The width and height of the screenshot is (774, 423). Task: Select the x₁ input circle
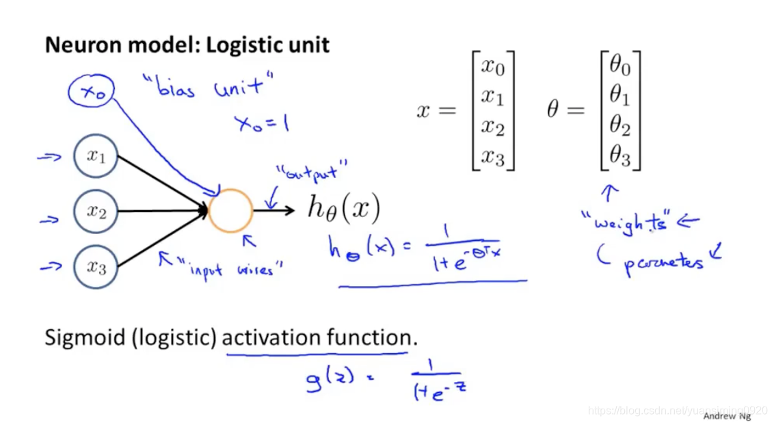click(x=96, y=156)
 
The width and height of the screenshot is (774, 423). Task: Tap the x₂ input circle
click(x=96, y=212)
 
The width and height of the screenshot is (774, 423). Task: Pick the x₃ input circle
click(x=96, y=268)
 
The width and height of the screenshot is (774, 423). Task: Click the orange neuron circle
click(x=230, y=210)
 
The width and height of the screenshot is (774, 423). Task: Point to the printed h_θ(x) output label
click(x=343, y=209)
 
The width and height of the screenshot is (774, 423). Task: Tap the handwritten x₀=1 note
click(x=261, y=123)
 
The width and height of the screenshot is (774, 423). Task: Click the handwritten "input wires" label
click(x=229, y=268)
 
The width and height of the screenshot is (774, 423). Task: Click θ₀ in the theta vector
click(x=619, y=67)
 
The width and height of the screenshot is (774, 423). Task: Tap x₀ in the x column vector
click(x=492, y=67)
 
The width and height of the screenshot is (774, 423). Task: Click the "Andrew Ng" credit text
click(x=728, y=415)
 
